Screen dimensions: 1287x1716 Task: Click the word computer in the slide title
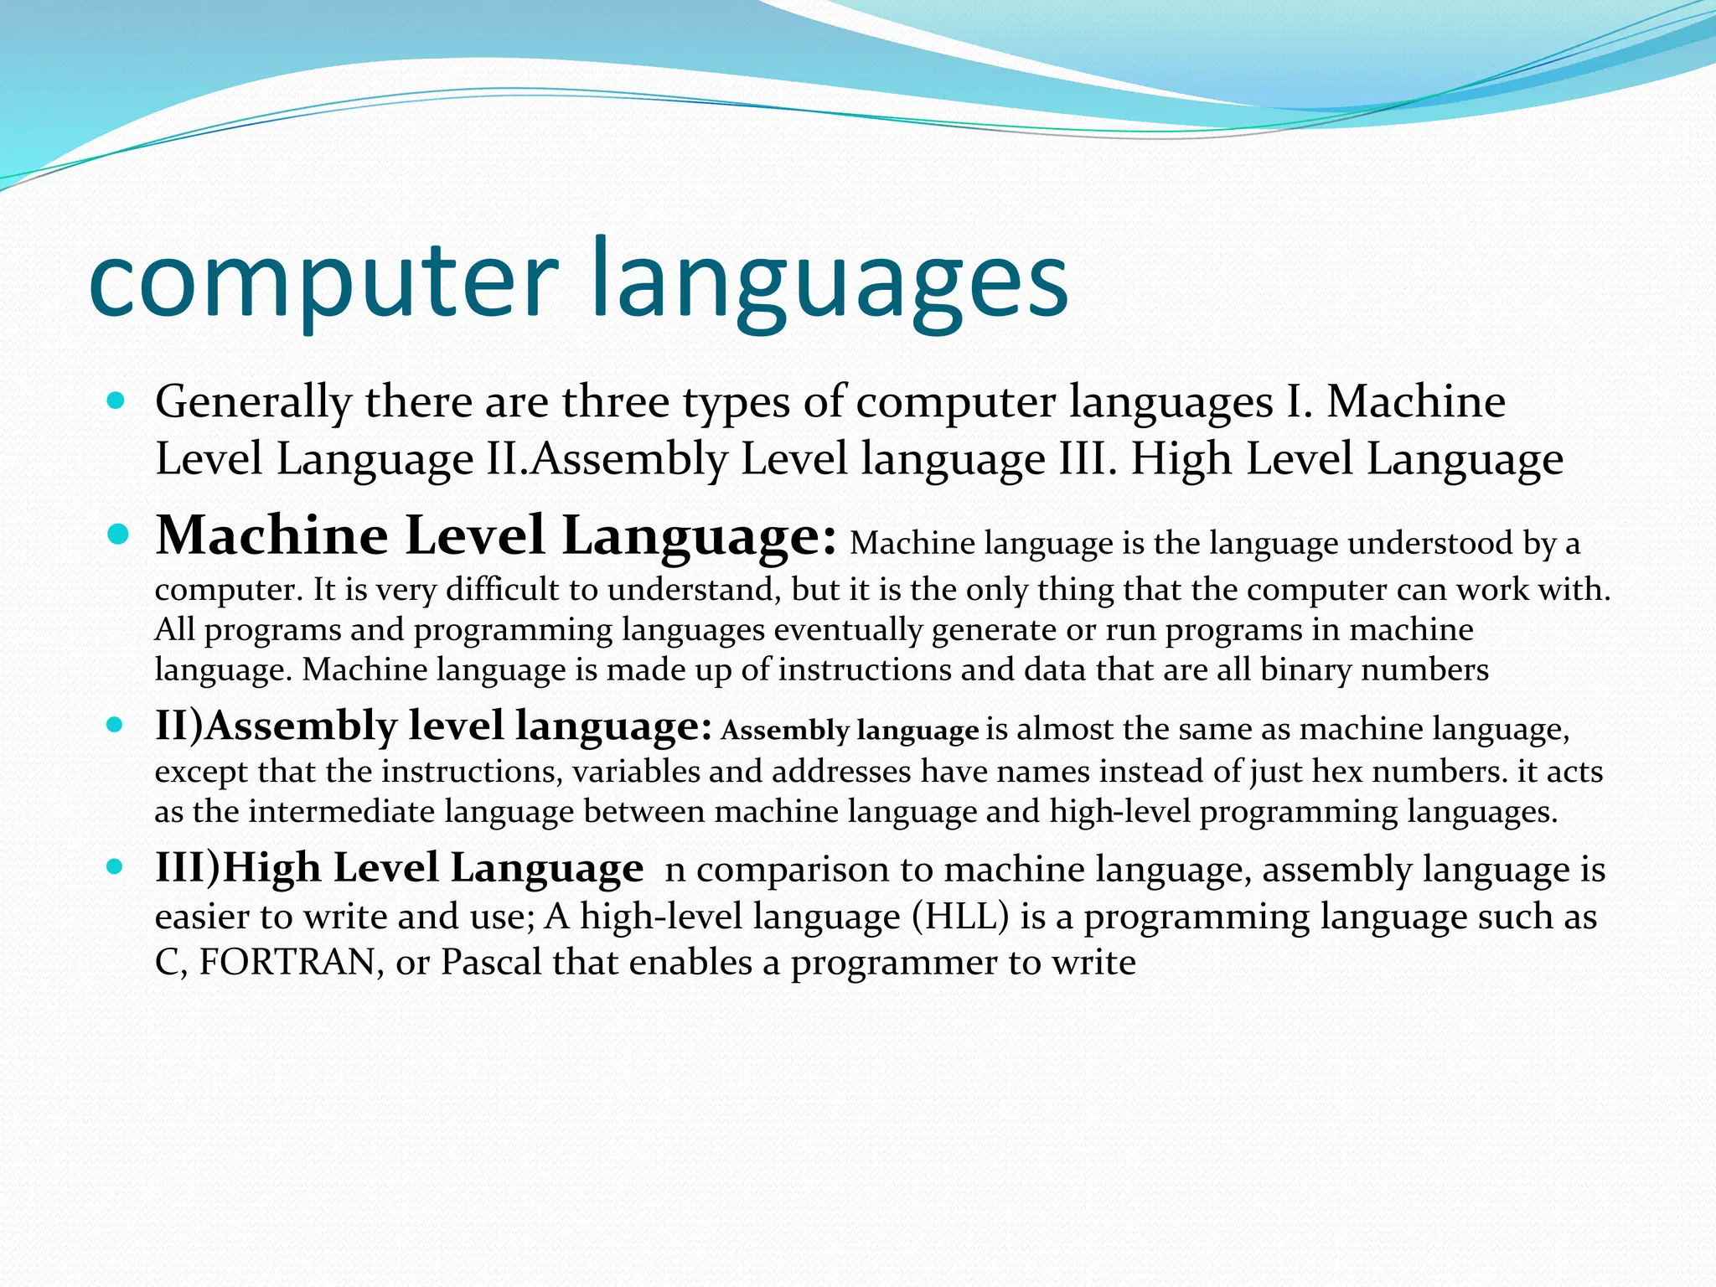[323, 281]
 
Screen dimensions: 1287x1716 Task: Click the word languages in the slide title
[830, 281]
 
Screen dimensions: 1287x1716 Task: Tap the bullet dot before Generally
[116, 401]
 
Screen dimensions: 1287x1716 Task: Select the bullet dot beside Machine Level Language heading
[117, 534]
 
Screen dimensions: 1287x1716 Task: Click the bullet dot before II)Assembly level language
[116, 725]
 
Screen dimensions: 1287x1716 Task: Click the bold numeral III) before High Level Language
[188, 867]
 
